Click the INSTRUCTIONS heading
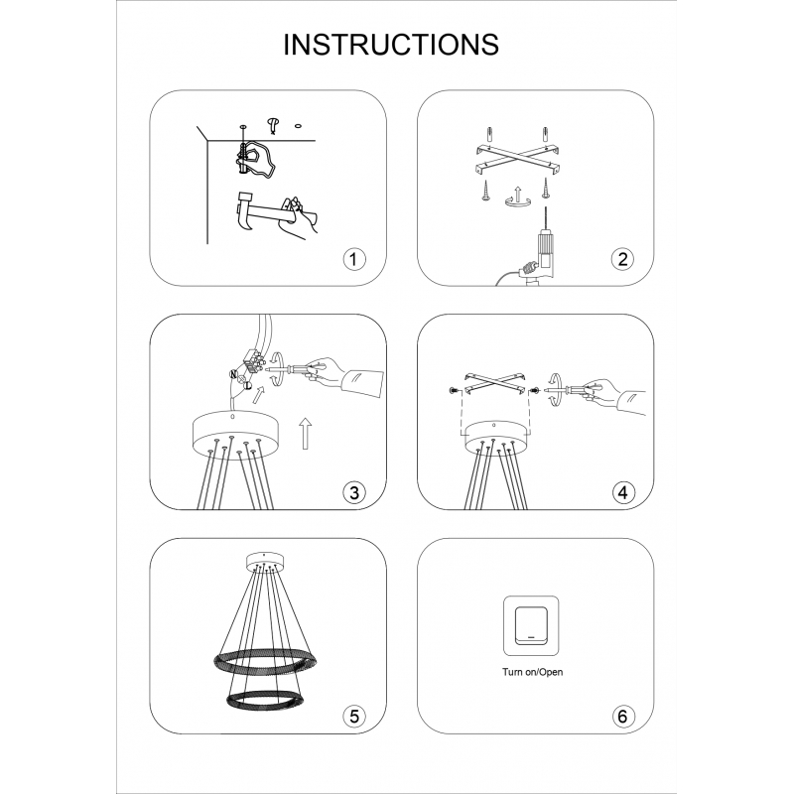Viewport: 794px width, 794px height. [391, 45]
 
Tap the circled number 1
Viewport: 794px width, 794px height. [353, 259]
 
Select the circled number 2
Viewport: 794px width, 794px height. [622, 259]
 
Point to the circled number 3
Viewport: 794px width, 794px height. [353, 492]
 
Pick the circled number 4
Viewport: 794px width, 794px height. [622, 492]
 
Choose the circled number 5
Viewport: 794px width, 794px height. [353, 717]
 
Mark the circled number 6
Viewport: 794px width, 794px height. [622, 717]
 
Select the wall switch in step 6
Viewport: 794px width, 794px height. [531, 626]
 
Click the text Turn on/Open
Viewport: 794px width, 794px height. [532, 672]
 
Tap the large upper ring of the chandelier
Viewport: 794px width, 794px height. [265, 660]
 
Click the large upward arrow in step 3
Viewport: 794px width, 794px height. [306, 434]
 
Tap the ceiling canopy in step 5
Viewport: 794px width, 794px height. [264, 562]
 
